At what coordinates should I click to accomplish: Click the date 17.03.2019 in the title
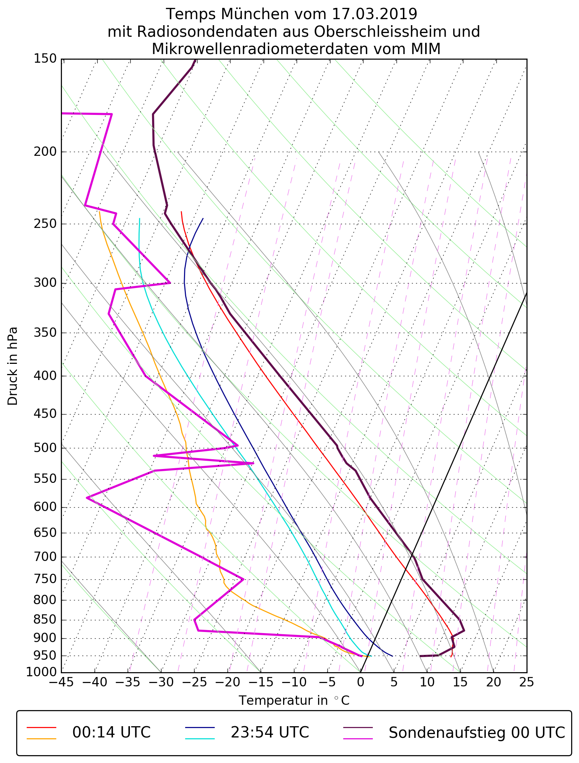(x=374, y=14)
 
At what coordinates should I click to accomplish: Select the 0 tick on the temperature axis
(x=360, y=682)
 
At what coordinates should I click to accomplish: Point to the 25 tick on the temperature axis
(x=526, y=682)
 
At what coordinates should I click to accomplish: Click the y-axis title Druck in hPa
(x=13, y=366)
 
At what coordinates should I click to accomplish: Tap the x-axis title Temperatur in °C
(x=294, y=701)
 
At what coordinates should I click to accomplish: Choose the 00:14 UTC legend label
(x=111, y=733)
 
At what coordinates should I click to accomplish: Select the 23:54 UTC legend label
(x=270, y=733)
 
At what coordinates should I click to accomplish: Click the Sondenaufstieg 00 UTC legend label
(x=476, y=733)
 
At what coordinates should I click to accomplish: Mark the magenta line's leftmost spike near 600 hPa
(x=87, y=498)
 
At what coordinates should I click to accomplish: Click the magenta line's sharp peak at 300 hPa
(x=170, y=283)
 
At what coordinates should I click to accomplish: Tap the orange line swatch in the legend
(x=41, y=739)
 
